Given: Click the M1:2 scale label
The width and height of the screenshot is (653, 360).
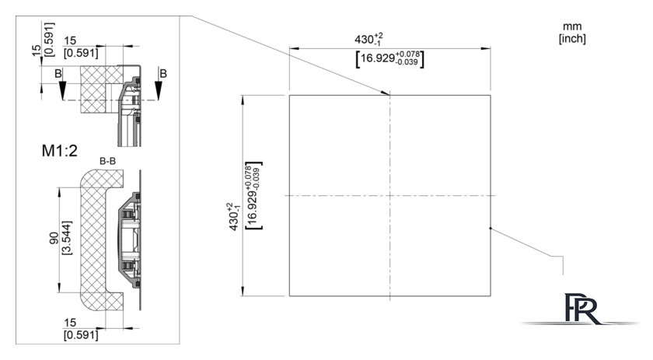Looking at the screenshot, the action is (60, 150).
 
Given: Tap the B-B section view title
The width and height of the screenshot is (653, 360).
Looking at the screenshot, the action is (107, 161).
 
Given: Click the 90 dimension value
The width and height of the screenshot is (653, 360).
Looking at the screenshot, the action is (54, 239).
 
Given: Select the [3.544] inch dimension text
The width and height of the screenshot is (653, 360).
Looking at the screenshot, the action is (67, 238).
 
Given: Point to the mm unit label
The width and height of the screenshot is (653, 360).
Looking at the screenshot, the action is (572, 26).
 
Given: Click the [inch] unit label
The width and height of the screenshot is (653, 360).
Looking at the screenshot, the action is (572, 38).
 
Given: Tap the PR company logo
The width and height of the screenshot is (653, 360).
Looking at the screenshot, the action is (581, 309).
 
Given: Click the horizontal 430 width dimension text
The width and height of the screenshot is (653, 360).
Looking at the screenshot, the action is (368, 39).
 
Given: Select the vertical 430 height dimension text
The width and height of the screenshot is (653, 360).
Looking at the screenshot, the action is (234, 217).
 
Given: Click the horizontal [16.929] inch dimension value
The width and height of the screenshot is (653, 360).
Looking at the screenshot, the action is (389, 59).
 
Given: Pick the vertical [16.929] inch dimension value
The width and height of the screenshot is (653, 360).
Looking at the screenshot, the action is (253, 195).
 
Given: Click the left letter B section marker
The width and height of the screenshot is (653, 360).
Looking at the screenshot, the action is (58, 74).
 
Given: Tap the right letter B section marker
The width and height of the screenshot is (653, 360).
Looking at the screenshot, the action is (163, 74).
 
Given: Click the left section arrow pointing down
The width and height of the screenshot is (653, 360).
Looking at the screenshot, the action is (62, 90).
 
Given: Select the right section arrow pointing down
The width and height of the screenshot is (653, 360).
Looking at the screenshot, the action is (159, 90).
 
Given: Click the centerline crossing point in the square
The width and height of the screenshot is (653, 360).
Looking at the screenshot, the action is (389, 195).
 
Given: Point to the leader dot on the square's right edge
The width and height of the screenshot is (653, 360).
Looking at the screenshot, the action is (491, 229).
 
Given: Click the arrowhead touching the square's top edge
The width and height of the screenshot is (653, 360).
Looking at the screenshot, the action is (385, 93).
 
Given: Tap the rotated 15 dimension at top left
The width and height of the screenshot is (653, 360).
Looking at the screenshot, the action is (37, 51).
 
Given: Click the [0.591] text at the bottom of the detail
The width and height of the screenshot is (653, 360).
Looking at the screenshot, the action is (81, 335).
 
